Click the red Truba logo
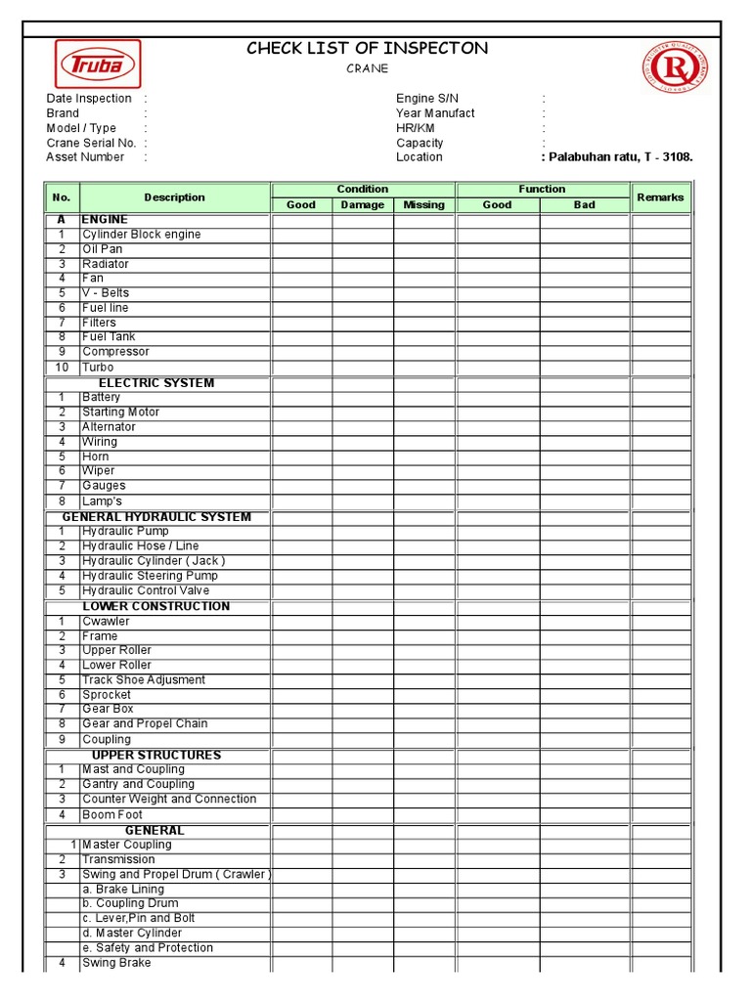97,65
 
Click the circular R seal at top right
675,67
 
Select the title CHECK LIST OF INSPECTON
367,49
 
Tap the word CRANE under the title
368,68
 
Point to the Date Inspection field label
89,99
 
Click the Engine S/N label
427,99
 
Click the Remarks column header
660,197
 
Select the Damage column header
363,205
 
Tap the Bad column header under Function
585,205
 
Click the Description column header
175,197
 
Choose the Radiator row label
106,264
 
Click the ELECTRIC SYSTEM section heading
156,383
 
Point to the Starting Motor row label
121,413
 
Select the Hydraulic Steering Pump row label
151,576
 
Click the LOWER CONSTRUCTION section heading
156,606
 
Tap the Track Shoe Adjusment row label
144,679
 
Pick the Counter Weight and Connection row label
169,799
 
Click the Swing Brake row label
116,963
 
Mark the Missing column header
423,205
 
